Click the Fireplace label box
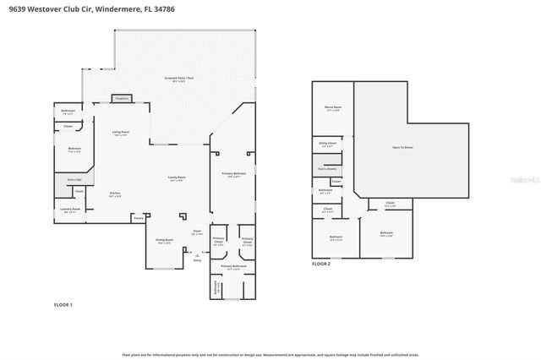pyautogui.click(x=120, y=99)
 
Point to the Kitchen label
pyautogui.click(x=115, y=194)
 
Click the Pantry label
pyautogui.click(x=138, y=217)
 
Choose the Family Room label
pyautogui.click(x=178, y=177)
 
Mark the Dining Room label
pyautogui.click(x=165, y=241)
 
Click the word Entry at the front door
pyautogui.click(x=197, y=261)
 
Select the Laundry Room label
pyautogui.click(x=70, y=210)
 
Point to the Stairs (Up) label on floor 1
pyautogui.click(x=74, y=179)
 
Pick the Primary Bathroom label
pyautogui.click(x=232, y=267)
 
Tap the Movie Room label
pyautogui.click(x=333, y=108)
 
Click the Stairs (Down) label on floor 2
pyautogui.click(x=327, y=169)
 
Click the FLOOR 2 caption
pyautogui.click(x=321, y=264)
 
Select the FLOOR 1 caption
pyautogui.click(x=63, y=304)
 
